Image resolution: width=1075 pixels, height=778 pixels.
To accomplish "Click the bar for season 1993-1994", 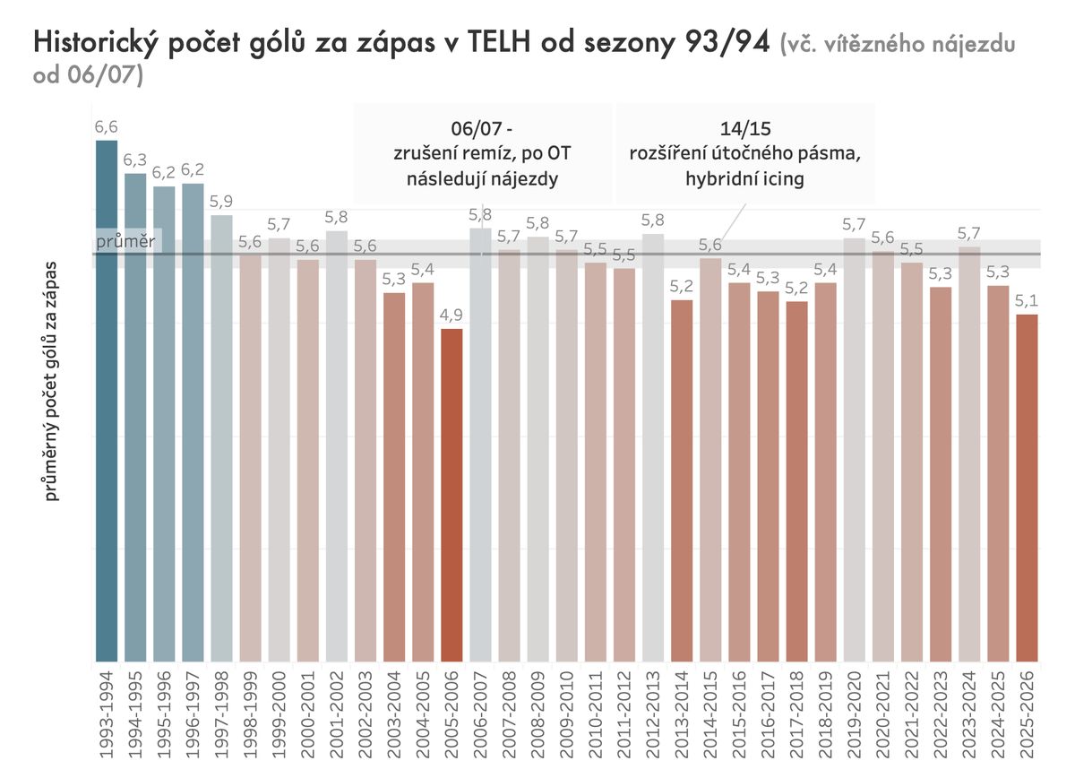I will pos(107,403).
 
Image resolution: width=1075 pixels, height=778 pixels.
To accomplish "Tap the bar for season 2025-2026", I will pos(1028,488).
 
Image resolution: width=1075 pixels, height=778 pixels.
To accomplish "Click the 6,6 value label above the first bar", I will pos(107,127).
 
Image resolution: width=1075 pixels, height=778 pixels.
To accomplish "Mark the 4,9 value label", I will pos(452,316).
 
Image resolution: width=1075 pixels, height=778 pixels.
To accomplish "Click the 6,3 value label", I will pos(135,160).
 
